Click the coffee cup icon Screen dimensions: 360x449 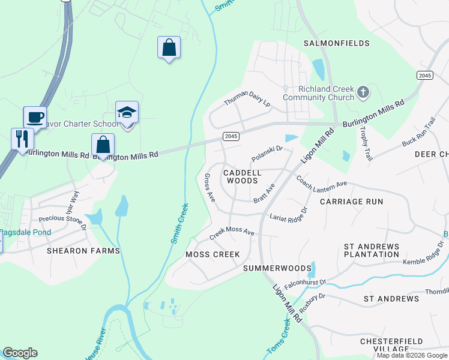click(34, 116)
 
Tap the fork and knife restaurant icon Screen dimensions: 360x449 click(22, 138)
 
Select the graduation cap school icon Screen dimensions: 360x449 click(127, 112)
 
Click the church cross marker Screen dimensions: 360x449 click(362, 92)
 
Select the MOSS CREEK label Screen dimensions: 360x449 click(212, 254)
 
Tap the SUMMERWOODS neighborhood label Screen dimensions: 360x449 click(277, 268)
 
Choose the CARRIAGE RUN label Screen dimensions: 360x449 click(351, 202)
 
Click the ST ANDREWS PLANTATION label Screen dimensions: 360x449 click(371, 251)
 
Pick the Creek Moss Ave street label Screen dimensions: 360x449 click(232, 233)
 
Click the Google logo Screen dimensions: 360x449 click(20, 353)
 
